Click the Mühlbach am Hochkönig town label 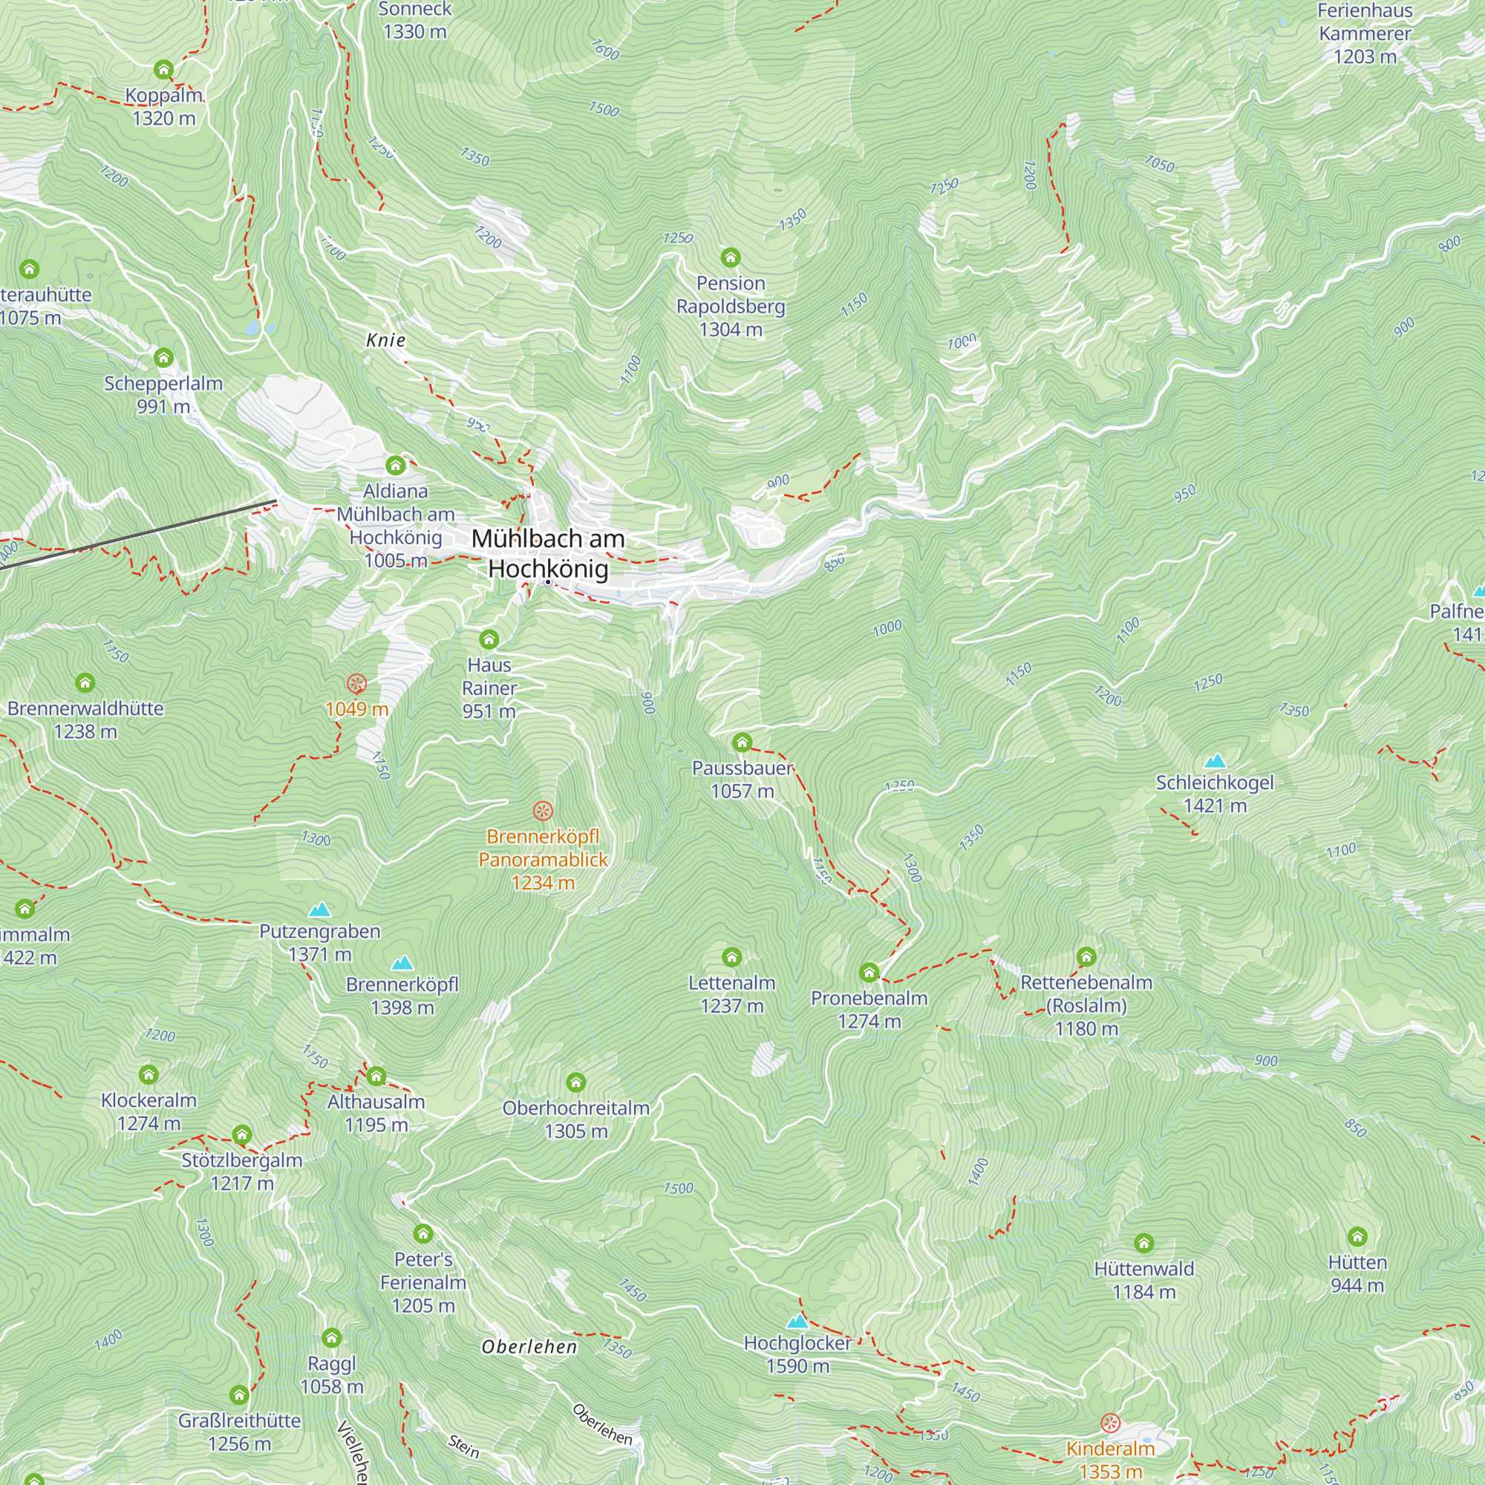[x=548, y=553]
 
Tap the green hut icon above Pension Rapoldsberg [x=730, y=257]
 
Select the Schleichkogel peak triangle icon [x=1215, y=761]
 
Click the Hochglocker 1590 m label [x=798, y=1354]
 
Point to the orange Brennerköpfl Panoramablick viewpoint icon [x=543, y=811]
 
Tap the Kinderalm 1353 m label [x=1110, y=1460]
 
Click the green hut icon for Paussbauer [x=742, y=742]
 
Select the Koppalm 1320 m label [x=163, y=107]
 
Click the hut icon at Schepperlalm [x=163, y=357]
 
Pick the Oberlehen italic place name [x=529, y=1347]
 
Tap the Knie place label [x=386, y=340]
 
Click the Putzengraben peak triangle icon [x=319, y=910]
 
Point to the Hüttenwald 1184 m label [x=1143, y=1280]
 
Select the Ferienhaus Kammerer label [x=1364, y=34]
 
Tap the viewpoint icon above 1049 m [x=356, y=683]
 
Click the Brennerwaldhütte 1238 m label [x=85, y=719]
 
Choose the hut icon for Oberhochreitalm [x=575, y=1083]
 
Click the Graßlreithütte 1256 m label [x=239, y=1432]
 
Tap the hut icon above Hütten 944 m [x=1357, y=1237]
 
